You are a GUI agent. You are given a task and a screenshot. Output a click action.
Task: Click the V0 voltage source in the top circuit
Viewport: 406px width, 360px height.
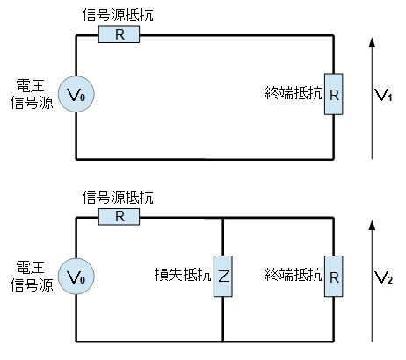click(76, 94)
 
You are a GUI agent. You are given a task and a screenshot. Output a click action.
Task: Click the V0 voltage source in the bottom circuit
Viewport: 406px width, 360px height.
click(76, 277)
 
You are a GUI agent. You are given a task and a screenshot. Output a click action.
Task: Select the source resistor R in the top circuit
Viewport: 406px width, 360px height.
click(119, 34)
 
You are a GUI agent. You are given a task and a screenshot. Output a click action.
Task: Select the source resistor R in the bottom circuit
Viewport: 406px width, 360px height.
click(119, 217)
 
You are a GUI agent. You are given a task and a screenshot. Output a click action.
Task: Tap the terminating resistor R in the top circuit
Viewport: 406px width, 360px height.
click(334, 94)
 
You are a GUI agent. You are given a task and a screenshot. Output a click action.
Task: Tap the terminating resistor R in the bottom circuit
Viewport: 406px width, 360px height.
click(334, 277)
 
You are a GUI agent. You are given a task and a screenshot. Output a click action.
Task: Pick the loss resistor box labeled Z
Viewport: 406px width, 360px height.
click(223, 277)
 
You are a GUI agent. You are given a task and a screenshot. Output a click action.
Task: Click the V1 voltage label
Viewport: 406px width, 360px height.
click(383, 95)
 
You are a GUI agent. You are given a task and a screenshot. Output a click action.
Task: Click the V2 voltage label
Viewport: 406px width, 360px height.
click(383, 277)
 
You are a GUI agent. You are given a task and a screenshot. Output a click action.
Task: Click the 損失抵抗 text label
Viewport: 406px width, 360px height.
click(183, 275)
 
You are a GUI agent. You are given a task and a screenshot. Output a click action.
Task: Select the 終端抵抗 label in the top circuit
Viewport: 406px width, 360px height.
click(294, 93)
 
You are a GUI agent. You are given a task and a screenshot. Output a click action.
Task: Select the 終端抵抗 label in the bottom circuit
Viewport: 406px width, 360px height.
click(294, 275)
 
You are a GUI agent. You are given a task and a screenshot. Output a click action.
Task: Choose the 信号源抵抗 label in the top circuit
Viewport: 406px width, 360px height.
click(118, 15)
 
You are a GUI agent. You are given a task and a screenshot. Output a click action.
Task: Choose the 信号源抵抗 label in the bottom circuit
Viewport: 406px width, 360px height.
click(118, 197)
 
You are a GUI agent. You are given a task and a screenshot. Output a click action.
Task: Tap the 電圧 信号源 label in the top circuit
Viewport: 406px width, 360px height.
click(32, 94)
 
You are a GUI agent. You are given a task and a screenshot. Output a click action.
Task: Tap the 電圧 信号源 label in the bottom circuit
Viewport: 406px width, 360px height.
click(32, 277)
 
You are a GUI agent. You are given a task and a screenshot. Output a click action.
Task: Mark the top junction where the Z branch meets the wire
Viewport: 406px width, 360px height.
click(223, 218)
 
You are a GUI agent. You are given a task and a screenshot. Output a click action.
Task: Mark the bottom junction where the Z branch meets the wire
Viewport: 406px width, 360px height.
click(223, 342)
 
